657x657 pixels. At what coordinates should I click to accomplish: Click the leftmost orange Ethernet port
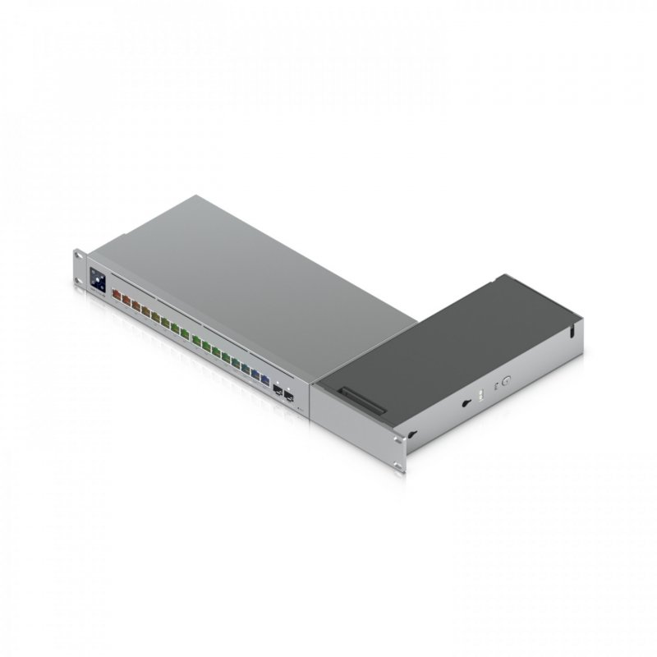click(x=115, y=292)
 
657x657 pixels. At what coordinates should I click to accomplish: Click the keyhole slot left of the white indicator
click(x=466, y=402)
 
